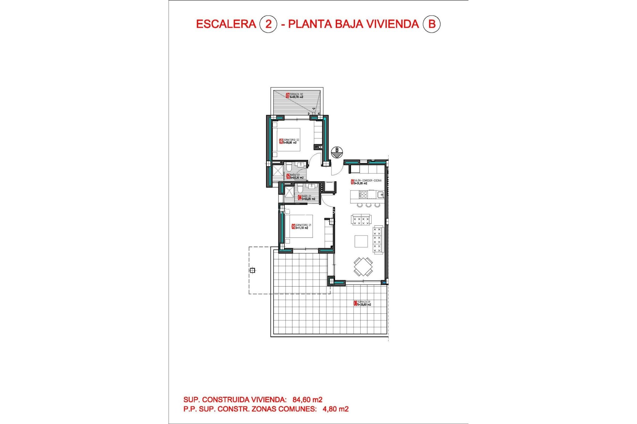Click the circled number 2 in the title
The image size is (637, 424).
268,24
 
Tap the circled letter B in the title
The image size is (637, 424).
432,24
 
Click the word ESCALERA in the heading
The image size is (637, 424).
226,24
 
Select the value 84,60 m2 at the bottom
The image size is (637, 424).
307,400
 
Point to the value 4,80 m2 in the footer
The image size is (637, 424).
335,409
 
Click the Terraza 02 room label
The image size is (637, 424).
295,96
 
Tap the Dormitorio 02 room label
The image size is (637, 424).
289,141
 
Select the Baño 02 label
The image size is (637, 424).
295,176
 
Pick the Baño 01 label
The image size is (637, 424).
307,198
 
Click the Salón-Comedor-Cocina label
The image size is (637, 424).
366,182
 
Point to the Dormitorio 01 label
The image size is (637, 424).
302,227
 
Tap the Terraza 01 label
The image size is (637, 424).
362,303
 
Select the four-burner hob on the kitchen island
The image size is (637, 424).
364,194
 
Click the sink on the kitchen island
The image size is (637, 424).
380,194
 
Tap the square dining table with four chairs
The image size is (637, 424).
363,267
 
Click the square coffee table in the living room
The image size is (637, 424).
361,241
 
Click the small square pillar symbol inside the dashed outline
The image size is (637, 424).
252,270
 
